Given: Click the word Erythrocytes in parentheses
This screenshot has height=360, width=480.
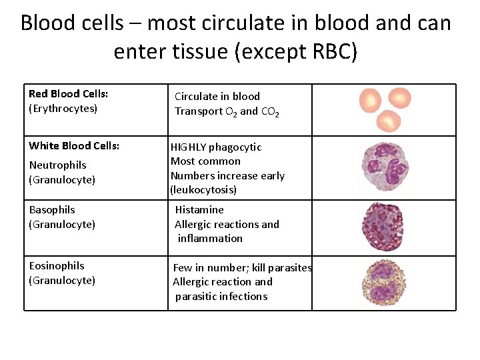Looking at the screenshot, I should (x=63, y=109).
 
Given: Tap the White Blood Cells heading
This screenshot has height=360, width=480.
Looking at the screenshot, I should (x=74, y=146).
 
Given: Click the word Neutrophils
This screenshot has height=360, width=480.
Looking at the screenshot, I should (x=57, y=165).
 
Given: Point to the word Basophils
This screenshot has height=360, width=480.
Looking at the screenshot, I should (x=52, y=210).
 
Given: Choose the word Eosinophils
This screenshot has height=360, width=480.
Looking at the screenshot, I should (x=57, y=266).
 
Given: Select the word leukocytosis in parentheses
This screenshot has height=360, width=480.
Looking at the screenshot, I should (x=203, y=190).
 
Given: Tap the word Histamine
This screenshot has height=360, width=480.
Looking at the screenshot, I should (x=199, y=210).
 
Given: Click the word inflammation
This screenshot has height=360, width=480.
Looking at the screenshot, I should (x=210, y=239).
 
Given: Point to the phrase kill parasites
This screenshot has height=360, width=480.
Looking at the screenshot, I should (x=281, y=268).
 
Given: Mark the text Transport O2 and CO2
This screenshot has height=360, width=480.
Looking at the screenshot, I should (x=227, y=111).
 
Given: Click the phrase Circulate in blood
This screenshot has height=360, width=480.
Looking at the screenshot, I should (x=217, y=97).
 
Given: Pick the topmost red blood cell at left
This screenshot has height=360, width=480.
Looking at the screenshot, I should (x=371, y=99).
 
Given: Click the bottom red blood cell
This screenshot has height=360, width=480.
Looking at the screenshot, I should (x=389, y=121).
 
